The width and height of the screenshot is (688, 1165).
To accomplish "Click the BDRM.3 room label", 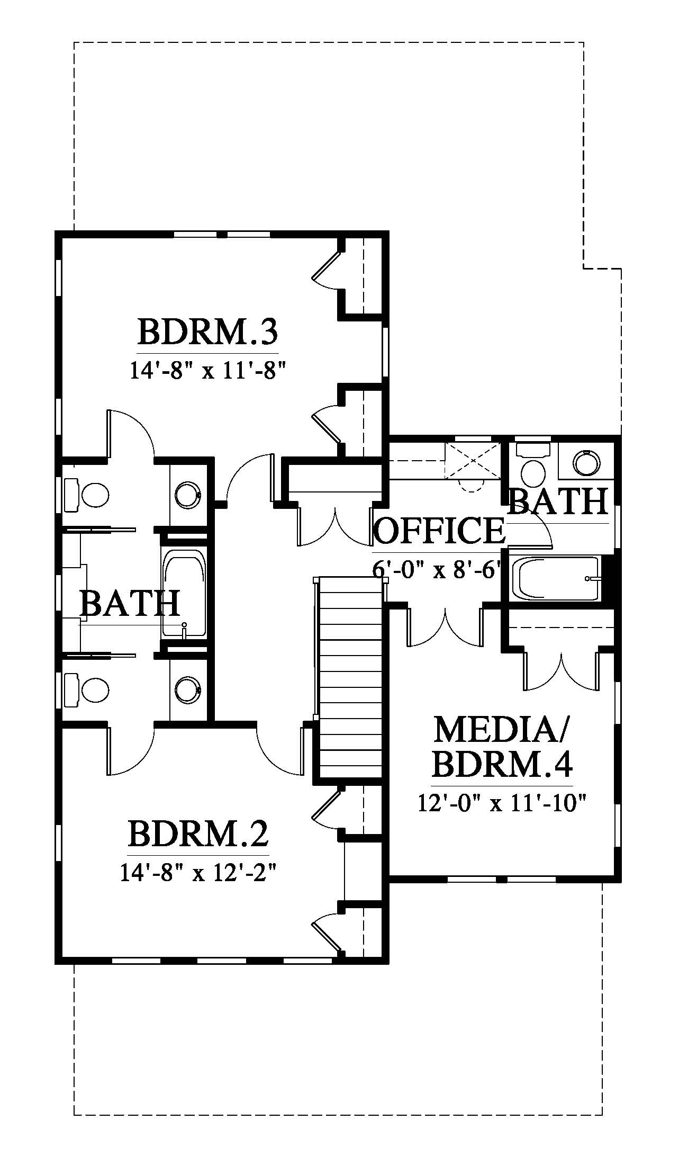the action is tap(207, 331).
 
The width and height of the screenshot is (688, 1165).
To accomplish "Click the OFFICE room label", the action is tap(439, 531).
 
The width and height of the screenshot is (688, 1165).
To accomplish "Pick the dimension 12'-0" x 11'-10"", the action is tap(502, 803).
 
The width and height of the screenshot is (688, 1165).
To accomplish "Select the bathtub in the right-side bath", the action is tap(559, 578).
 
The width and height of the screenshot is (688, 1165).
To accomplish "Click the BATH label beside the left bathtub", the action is tap(130, 604).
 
